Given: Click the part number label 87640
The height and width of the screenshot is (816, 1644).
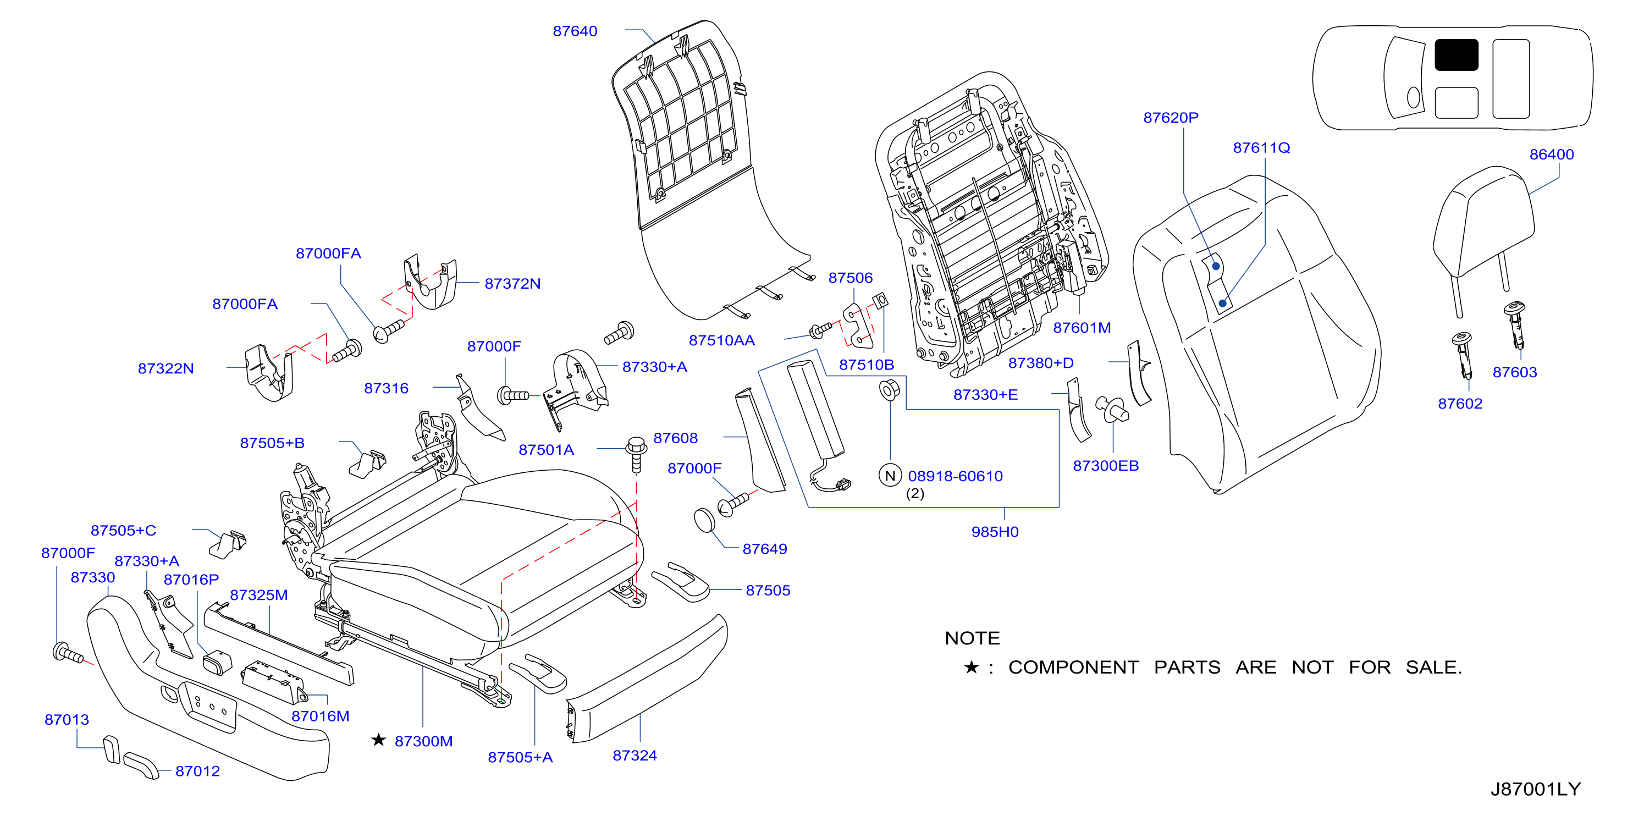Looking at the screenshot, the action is (x=575, y=31).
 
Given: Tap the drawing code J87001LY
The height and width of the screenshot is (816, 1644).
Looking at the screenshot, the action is (x=1535, y=789).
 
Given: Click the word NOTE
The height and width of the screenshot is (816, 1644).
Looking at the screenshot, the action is (x=972, y=638).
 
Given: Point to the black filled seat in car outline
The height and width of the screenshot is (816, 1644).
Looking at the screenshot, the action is (x=1456, y=55).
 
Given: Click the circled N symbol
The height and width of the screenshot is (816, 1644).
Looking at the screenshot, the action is (x=890, y=475).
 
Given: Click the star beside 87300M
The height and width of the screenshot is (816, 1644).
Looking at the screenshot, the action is (x=378, y=740).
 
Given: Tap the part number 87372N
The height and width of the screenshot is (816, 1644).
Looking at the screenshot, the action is (x=512, y=284).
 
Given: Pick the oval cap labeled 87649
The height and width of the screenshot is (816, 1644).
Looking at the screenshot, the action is (x=704, y=520).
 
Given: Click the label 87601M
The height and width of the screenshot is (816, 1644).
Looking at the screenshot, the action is (x=1081, y=328).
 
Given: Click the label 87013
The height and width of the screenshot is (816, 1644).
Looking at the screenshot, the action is (x=67, y=720).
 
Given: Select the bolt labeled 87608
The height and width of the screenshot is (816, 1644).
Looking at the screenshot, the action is (x=636, y=454).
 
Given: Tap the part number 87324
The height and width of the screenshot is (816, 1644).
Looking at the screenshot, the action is (x=635, y=756).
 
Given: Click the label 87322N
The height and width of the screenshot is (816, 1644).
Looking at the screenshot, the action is (x=165, y=369).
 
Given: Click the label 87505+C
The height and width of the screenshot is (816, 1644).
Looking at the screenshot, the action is (x=123, y=531).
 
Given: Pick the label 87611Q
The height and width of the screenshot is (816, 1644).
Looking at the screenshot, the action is (x=1261, y=148).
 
